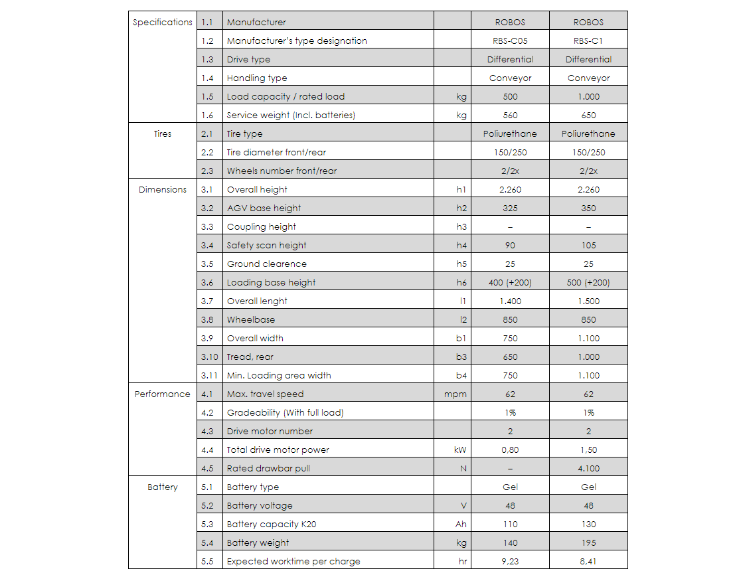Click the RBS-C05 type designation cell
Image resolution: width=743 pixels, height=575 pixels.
(509, 41)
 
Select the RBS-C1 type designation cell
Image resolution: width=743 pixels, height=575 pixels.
(588, 41)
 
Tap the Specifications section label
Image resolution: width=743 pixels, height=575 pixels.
(162, 22)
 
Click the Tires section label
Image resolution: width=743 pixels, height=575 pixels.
(162, 133)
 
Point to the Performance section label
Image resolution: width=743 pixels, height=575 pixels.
(162, 394)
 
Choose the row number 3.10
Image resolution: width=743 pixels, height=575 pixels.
(209, 357)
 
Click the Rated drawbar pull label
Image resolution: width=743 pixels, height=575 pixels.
(268, 468)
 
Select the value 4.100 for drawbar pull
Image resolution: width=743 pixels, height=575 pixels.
(588, 468)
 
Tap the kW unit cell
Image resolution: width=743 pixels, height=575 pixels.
(460, 450)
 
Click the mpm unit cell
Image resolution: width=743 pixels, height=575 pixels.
(455, 394)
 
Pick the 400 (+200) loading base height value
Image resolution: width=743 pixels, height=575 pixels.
(509, 282)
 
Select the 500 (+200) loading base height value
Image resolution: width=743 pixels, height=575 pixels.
(588, 282)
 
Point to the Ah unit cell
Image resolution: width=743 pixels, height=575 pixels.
(461, 524)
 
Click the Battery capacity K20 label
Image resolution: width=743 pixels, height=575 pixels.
(272, 524)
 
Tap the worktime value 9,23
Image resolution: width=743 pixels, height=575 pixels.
(509, 561)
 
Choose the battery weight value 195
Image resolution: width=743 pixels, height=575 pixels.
(588, 542)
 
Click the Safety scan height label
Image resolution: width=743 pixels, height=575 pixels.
(266, 245)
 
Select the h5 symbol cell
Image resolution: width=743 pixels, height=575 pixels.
(461, 264)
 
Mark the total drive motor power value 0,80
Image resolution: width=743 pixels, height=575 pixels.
(509, 450)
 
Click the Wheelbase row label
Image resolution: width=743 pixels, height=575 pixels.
(250, 319)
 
